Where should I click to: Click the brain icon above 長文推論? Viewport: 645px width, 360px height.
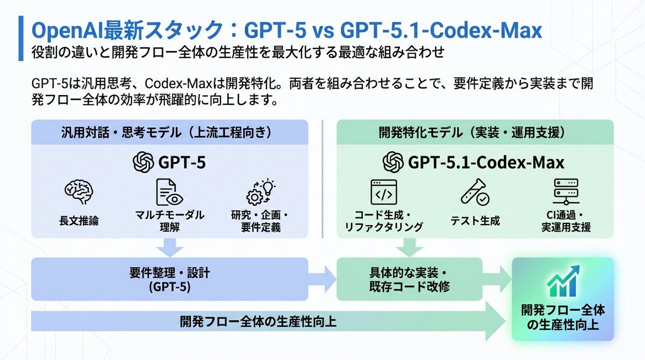[x=78, y=192]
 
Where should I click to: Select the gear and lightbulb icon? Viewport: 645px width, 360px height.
[x=261, y=192]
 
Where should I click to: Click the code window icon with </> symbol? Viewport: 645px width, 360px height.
[x=384, y=192]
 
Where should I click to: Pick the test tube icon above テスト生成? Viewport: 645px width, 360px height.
[x=475, y=192]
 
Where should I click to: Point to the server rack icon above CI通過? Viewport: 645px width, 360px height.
[x=566, y=192]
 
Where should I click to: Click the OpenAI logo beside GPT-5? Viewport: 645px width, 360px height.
[x=143, y=162]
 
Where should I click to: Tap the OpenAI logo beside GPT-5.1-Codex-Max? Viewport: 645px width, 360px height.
[x=393, y=162]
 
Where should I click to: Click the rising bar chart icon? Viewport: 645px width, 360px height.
[x=563, y=281]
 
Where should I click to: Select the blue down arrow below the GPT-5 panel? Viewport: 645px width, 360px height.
[x=170, y=248]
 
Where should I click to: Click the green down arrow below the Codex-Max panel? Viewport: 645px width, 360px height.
[x=410, y=248]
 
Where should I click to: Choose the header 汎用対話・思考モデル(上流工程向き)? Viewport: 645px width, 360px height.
[x=167, y=133]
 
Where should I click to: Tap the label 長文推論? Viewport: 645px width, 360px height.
[x=79, y=221]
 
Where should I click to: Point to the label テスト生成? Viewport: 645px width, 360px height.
[x=475, y=221]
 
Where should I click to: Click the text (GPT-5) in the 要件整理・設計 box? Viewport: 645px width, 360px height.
[x=170, y=287]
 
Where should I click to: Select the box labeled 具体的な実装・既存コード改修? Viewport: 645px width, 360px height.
[x=410, y=279]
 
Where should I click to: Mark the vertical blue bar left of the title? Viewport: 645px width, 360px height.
[x=21, y=38]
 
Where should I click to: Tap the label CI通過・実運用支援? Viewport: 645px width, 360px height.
[x=566, y=221]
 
